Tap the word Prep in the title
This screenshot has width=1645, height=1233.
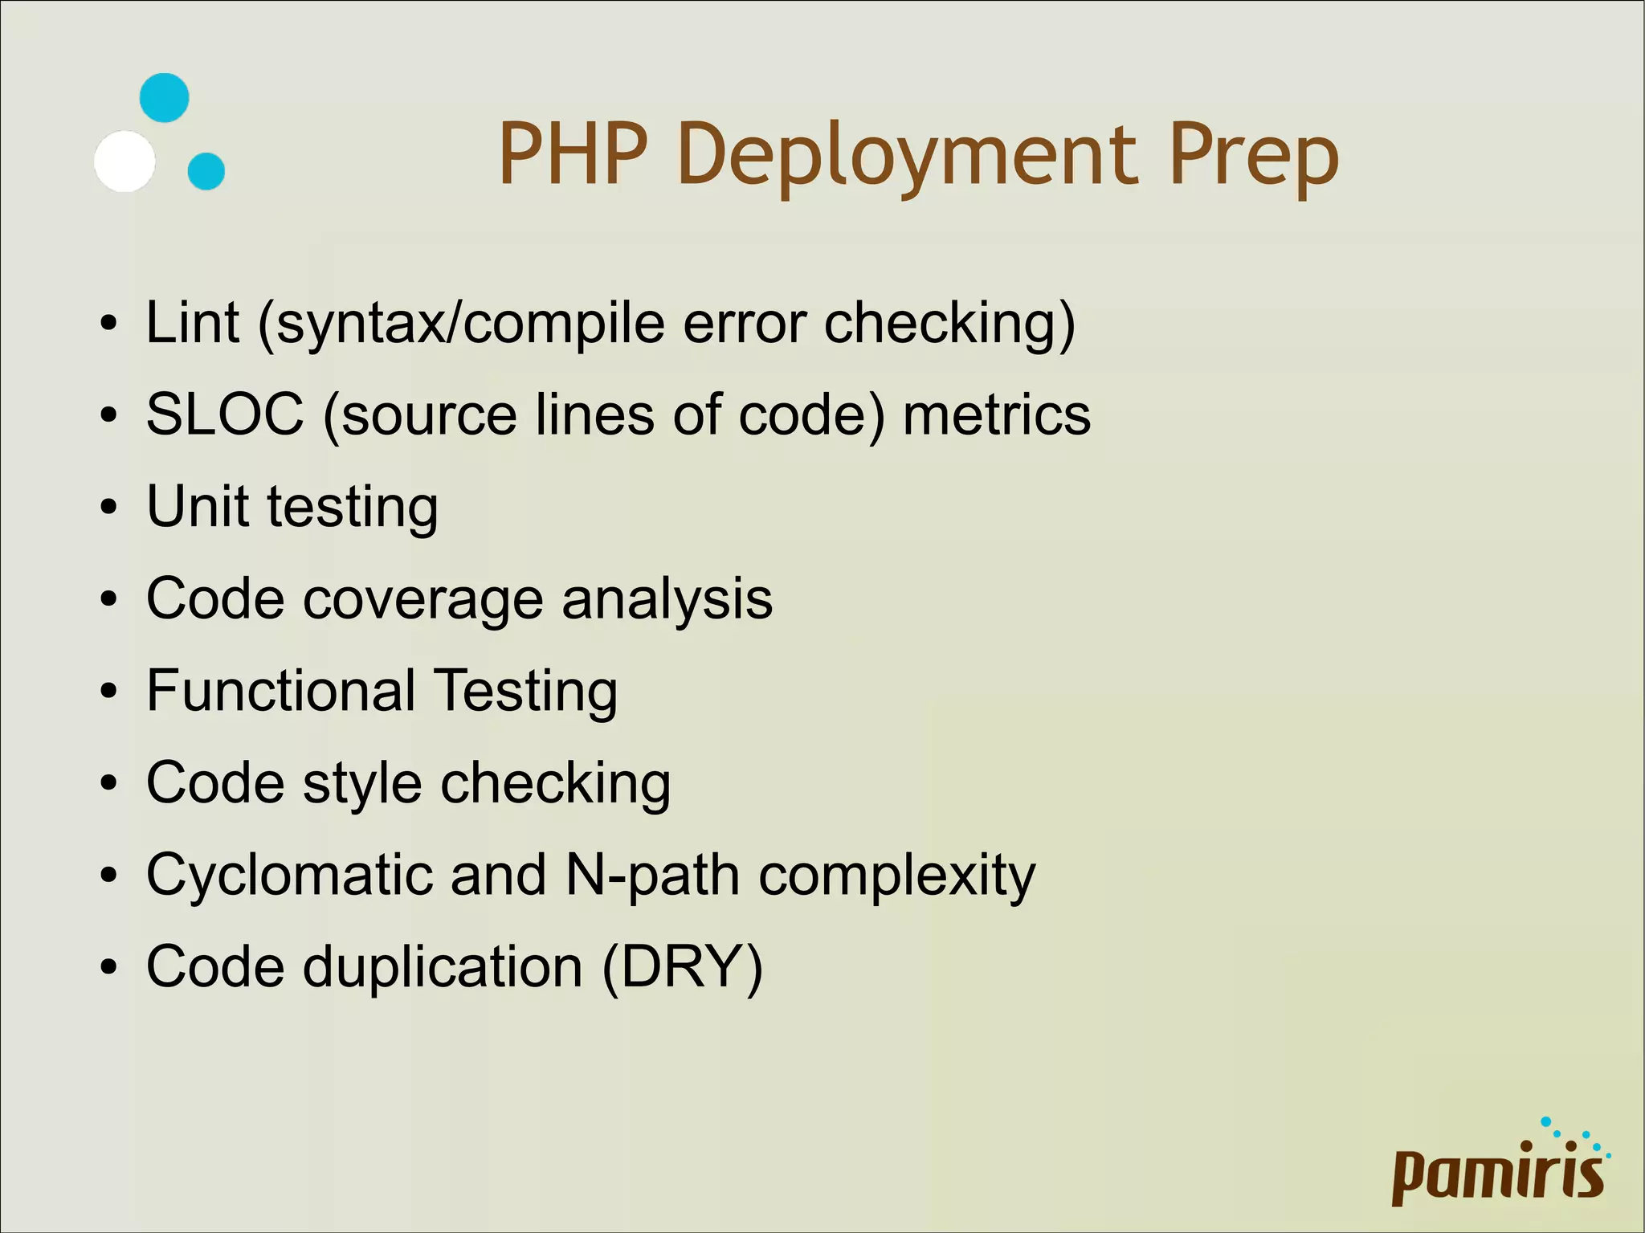[x=1252, y=156]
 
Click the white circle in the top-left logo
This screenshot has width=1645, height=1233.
[x=124, y=161]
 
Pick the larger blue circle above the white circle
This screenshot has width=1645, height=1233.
[x=165, y=98]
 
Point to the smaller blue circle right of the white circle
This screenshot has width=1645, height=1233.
[x=206, y=171]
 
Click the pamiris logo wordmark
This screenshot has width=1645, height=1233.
[x=1498, y=1174]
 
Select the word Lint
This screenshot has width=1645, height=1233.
[x=193, y=323]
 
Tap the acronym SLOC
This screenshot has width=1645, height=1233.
[x=226, y=414]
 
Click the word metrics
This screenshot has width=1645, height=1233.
[x=997, y=414]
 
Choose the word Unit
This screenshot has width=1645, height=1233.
[x=198, y=507]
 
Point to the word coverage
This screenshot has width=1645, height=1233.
[x=422, y=599]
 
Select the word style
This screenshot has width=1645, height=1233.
[x=362, y=785]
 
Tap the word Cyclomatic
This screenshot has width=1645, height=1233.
[x=289, y=875]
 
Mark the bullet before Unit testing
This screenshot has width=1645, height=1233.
[x=109, y=508]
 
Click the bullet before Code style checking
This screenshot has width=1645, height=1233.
[x=109, y=784]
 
